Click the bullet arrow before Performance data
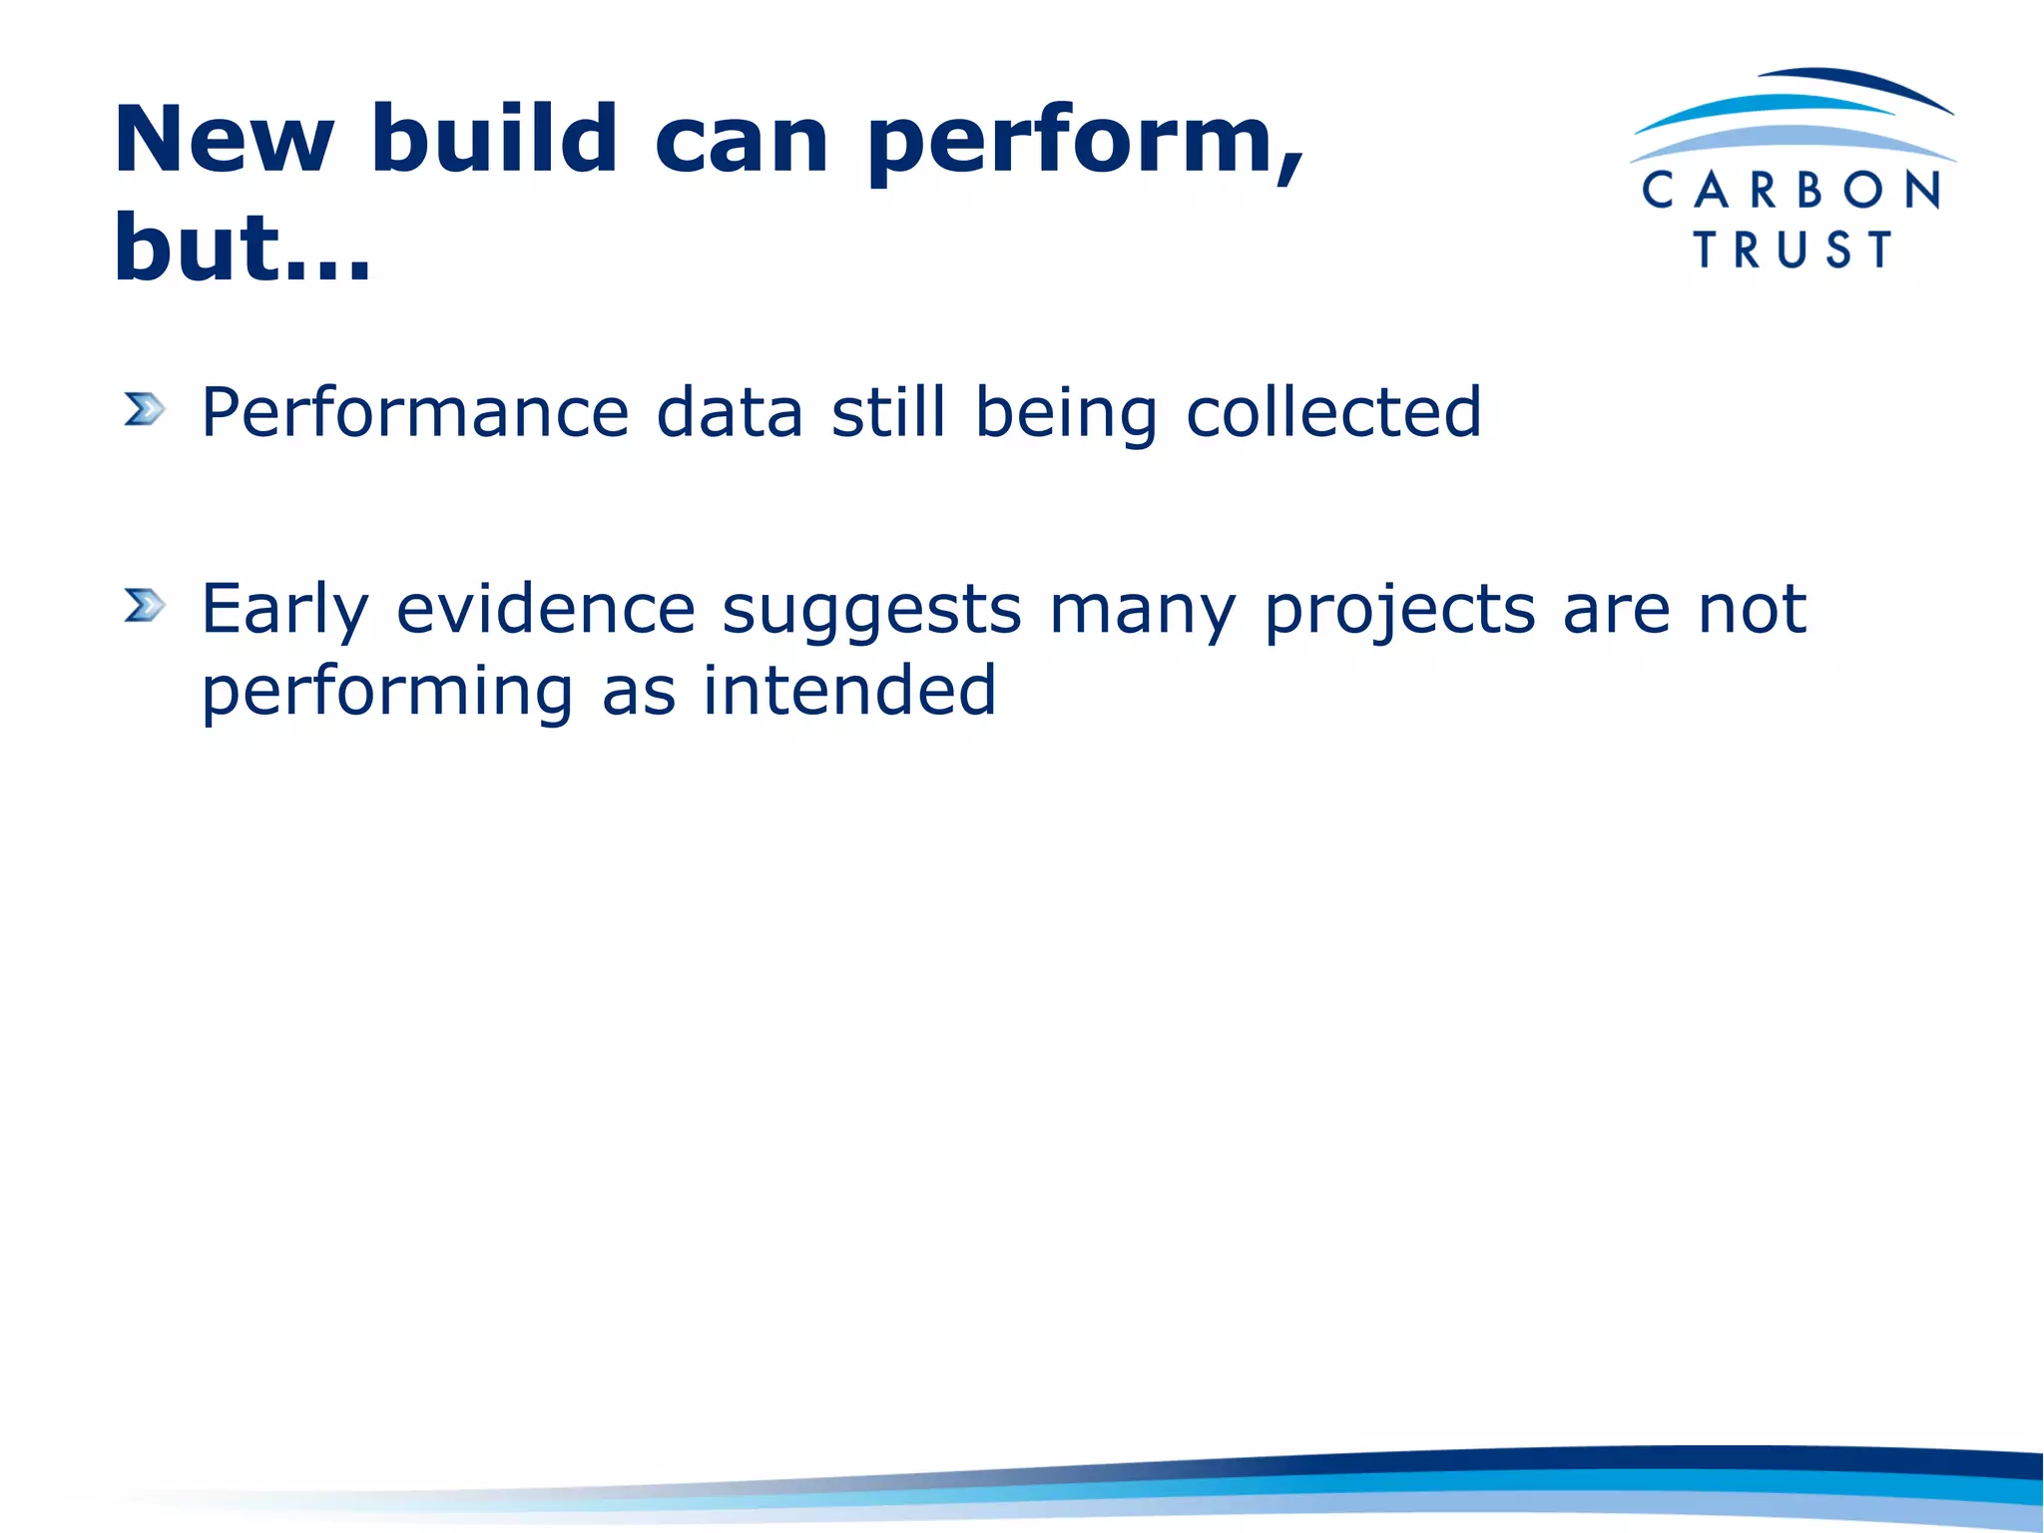[x=144, y=409]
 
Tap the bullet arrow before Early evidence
[x=144, y=605]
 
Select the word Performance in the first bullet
[x=415, y=412]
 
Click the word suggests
[x=872, y=611]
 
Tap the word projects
[x=1399, y=611]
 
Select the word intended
[x=849, y=691]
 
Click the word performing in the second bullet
[x=387, y=694]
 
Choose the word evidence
[x=546, y=609]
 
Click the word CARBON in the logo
[x=1791, y=190]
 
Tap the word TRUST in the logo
[x=1792, y=250]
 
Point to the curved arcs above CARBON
[x=1792, y=115]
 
